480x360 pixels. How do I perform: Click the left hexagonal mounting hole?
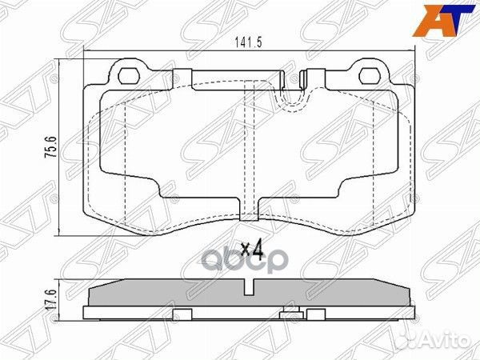[x=128, y=77]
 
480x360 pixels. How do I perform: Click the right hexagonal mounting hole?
[x=370, y=77]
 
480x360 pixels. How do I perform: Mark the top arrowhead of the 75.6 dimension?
[x=62, y=63]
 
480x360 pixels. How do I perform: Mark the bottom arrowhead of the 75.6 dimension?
[x=62, y=232]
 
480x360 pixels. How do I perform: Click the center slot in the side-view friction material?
[x=251, y=289]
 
